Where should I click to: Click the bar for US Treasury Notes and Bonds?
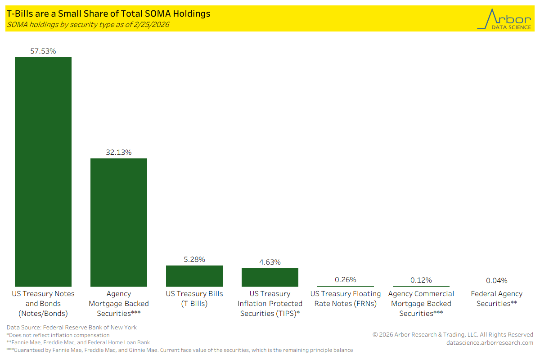point(43,171)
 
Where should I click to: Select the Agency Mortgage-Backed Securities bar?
point(119,222)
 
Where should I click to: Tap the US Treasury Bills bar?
point(194,276)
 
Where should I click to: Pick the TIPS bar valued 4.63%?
point(270,277)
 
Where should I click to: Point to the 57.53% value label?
point(43,51)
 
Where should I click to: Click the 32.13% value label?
point(119,153)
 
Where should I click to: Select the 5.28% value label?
point(194,260)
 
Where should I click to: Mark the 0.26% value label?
point(346,280)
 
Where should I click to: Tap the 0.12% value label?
point(421,280)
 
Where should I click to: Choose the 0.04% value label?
point(497,281)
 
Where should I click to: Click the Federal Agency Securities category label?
point(497,299)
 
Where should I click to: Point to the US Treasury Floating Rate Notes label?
point(346,299)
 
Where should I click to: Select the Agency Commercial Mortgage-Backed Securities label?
point(421,304)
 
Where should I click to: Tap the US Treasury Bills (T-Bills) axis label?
point(194,299)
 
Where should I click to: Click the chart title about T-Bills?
point(108,14)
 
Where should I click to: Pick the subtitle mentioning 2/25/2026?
point(88,25)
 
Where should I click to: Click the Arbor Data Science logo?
point(504,18)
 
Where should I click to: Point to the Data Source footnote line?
point(72,328)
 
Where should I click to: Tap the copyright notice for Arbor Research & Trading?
point(453,335)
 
